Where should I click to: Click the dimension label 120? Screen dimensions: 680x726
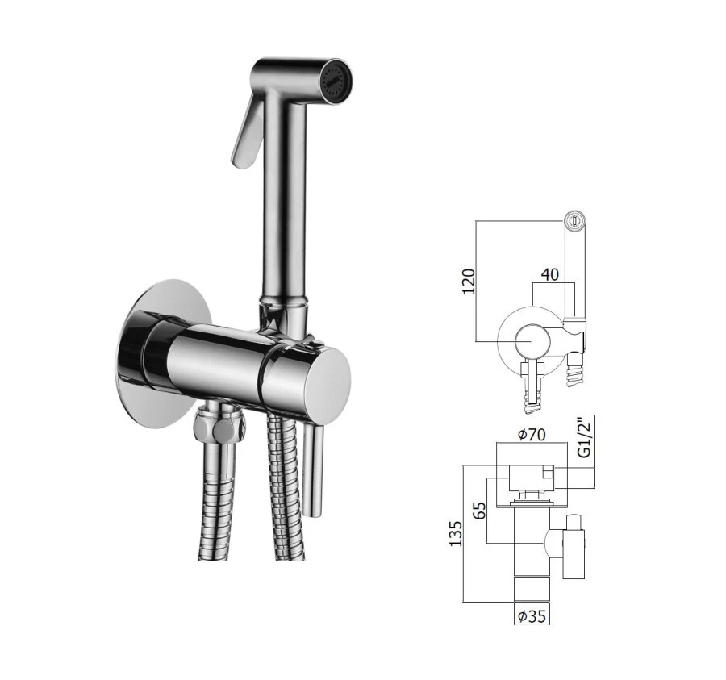point(468,280)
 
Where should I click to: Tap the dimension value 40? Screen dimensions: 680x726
point(550,275)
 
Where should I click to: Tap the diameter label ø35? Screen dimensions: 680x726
point(532,617)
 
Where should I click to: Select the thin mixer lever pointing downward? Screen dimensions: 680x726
point(316,468)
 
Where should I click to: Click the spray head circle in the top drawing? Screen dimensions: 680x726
point(574,219)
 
